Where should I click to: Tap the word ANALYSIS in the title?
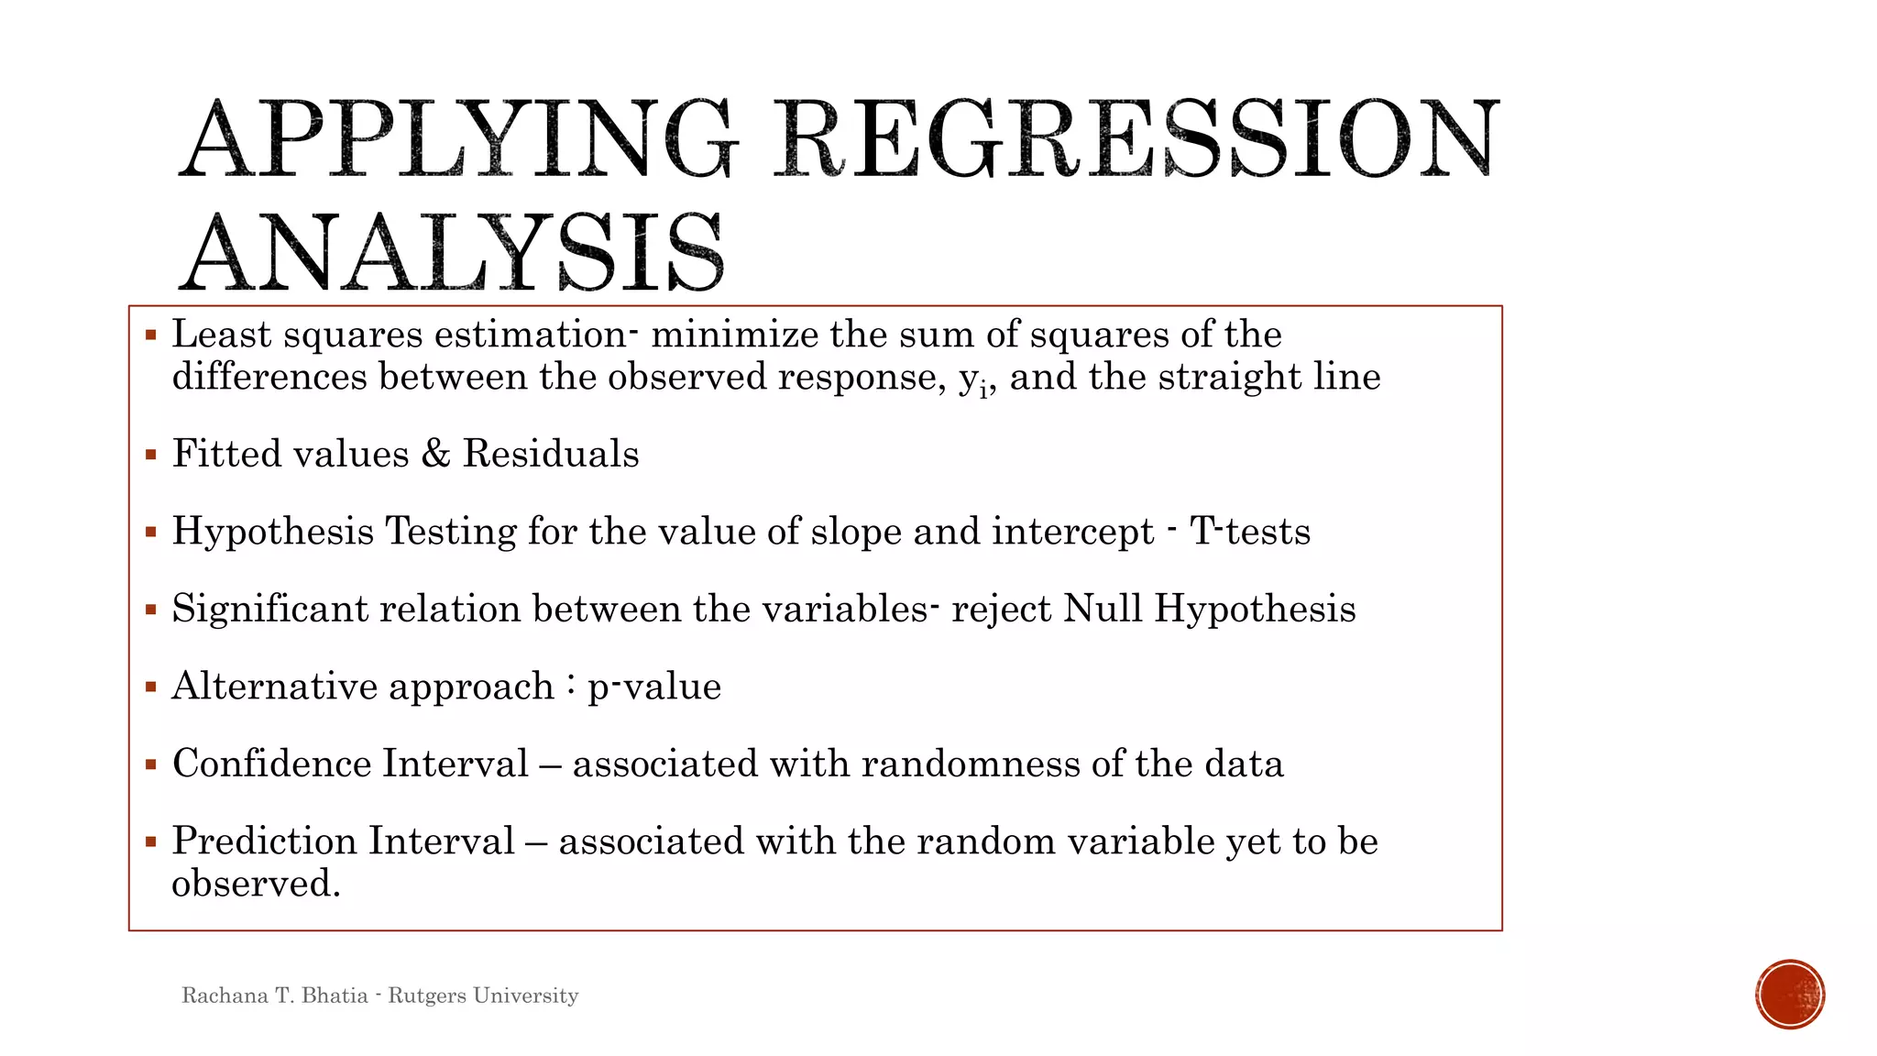click(x=452, y=252)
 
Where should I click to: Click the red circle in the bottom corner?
click(x=1790, y=995)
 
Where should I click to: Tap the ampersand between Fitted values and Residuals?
click(x=435, y=454)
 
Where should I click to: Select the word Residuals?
click(x=551, y=454)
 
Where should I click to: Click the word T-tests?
click(x=1250, y=532)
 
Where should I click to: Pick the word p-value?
click(x=654, y=687)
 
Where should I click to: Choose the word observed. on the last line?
click(x=256, y=884)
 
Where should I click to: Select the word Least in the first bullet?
click(x=222, y=335)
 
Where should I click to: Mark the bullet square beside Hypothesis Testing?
click(x=151, y=532)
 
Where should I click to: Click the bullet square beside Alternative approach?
click(x=151, y=687)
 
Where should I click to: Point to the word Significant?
click(x=269, y=609)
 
